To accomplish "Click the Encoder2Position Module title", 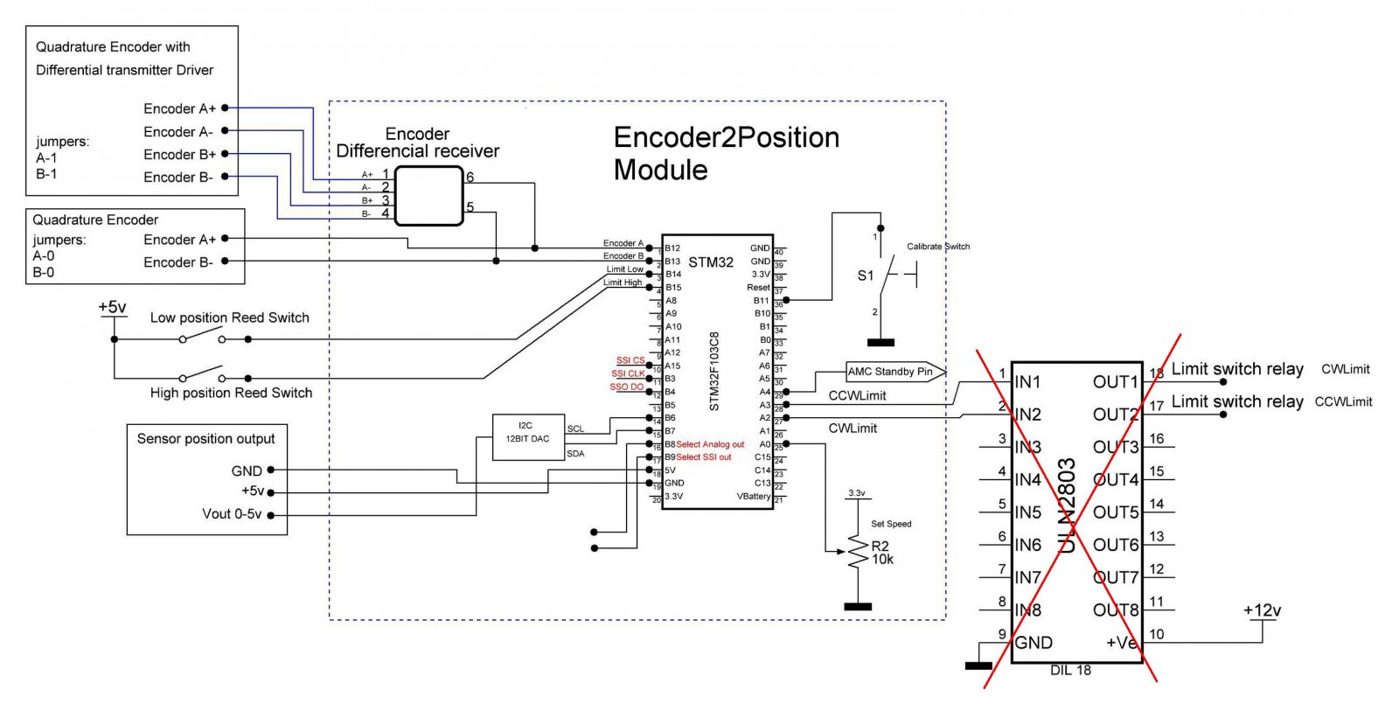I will coord(726,153).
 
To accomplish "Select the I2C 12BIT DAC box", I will coord(527,434).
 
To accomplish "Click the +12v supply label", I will coord(1262,610).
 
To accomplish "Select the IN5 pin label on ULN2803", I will coord(1028,512).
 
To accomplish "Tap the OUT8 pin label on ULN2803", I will coord(1116,610).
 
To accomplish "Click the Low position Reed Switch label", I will coord(229,317).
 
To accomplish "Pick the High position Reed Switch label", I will coord(231,393).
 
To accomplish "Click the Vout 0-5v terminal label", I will coord(232,514).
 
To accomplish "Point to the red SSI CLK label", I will coord(628,373).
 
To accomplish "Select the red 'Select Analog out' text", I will coord(710,444).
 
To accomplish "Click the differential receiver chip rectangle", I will coord(428,196).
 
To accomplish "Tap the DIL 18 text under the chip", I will coord(1070,671).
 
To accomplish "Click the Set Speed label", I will coord(891,524).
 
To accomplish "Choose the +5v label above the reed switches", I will coord(112,307).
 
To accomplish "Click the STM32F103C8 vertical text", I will coord(714,372).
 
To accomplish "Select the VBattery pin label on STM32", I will coord(753,496).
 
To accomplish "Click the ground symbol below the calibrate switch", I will coord(880,343).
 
